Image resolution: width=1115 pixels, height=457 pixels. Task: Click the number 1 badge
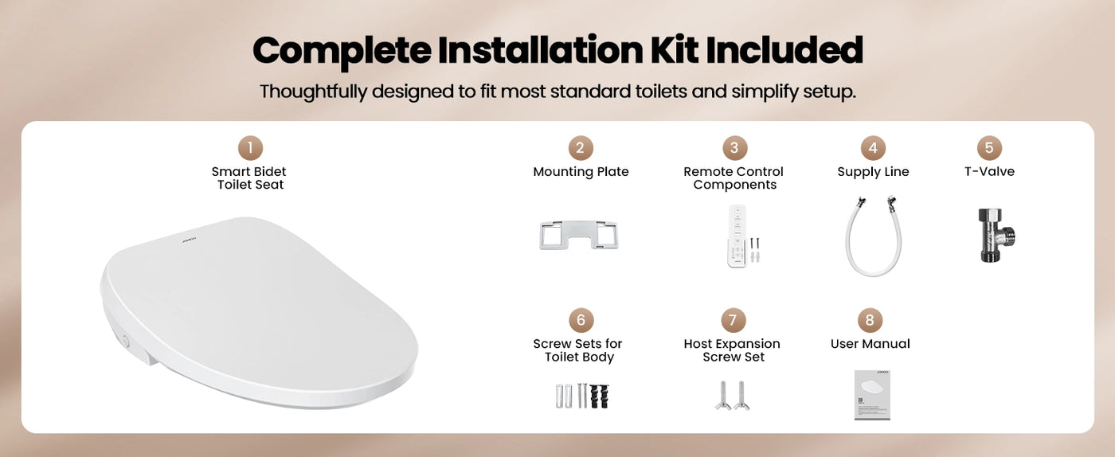(x=249, y=148)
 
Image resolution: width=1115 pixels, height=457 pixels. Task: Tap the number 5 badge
(x=988, y=148)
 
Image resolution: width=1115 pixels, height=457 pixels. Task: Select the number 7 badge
(x=733, y=320)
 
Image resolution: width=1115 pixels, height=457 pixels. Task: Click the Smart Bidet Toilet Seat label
(x=249, y=178)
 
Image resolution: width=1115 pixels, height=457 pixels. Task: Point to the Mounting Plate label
(x=581, y=172)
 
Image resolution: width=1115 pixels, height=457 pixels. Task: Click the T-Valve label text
(x=989, y=171)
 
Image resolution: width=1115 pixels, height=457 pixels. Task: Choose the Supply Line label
(x=873, y=172)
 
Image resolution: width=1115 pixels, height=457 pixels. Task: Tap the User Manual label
(x=870, y=344)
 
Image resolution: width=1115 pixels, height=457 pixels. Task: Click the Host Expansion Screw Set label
(x=733, y=350)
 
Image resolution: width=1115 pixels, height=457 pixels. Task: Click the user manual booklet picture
(x=872, y=395)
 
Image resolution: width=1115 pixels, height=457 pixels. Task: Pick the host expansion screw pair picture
(x=733, y=396)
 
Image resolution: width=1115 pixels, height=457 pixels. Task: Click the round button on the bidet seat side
(x=125, y=341)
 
